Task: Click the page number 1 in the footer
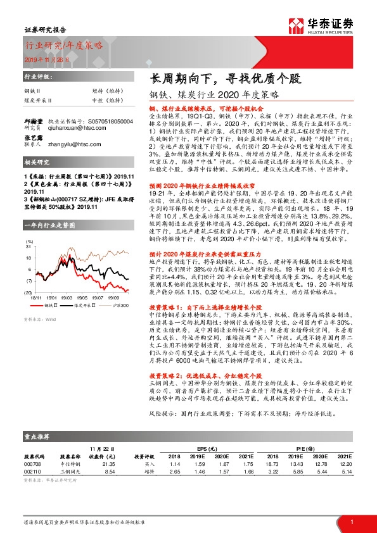351,522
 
